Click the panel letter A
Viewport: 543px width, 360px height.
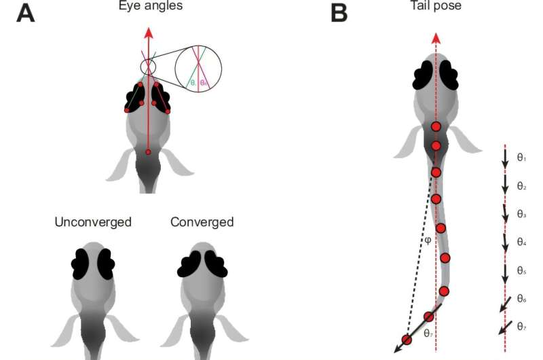[x=26, y=12]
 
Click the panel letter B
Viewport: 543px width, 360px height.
[x=339, y=12]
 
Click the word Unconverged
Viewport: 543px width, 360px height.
[x=94, y=222]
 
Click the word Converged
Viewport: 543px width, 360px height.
[x=202, y=222]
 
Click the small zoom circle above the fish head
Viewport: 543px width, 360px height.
[x=148, y=67]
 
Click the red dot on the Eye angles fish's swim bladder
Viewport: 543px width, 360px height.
[x=149, y=151]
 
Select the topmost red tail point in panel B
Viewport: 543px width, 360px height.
[x=436, y=126]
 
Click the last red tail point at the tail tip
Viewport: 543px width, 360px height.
[x=406, y=339]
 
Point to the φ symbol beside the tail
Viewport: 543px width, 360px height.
[x=427, y=240]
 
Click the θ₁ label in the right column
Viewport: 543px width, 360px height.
[x=522, y=158]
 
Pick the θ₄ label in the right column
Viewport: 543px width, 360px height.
[x=522, y=242]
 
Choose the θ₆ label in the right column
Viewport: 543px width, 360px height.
[x=522, y=299]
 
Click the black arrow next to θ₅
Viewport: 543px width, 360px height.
[x=504, y=271]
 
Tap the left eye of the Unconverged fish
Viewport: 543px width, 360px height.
[x=82, y=264]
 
